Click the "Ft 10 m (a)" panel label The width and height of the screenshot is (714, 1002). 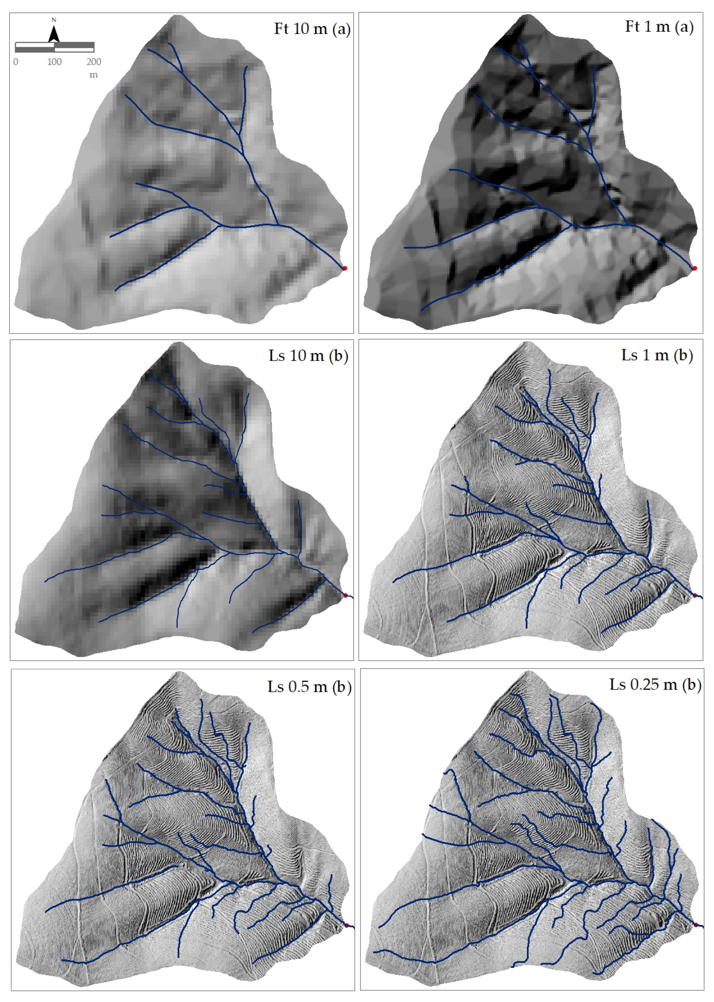(312, 29)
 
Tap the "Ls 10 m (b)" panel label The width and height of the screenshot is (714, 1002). (308, 355)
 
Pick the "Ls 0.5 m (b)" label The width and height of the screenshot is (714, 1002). (309, 687)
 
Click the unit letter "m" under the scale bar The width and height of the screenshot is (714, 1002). (93, 75)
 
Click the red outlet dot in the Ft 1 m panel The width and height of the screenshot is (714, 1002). (695, 268)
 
